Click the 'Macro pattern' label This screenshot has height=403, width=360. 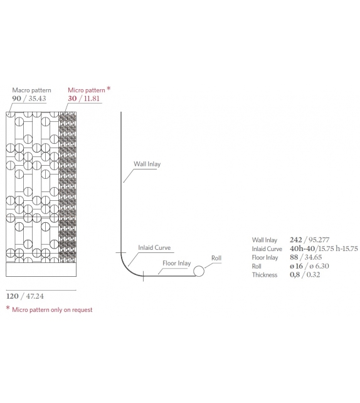click(x=31, y=90)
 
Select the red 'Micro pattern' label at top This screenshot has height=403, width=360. click(x=87, y=90)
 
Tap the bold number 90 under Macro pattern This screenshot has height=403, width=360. click(x=16, y=99)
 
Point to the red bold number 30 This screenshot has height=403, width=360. click(x=72, y=99)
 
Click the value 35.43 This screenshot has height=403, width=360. click(x=37, y=99)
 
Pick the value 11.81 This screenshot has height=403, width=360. click(x=92, y=99)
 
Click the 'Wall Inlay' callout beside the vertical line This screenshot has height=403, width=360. click(x=147, y=164)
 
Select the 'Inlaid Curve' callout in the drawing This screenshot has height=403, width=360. click(x=154, y=247)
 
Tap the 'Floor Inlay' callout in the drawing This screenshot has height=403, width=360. click(x=177, y=263)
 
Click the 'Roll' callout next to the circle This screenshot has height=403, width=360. click(x=216, y=258)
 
